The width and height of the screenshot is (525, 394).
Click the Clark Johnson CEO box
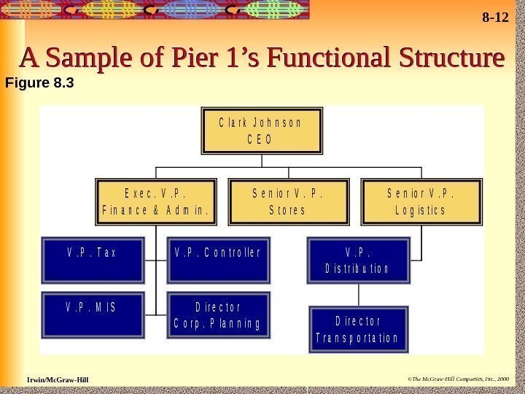click(x=261, y=131)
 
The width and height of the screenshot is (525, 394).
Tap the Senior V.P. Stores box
click(x=288, y=203)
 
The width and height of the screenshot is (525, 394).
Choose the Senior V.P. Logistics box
click(x=420, y=203)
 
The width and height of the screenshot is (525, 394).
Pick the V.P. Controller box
click(x=219, y=260)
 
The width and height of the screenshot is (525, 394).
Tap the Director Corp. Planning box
click(x=219, y=314)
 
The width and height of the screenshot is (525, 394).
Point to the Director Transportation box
click(x=357, y=331)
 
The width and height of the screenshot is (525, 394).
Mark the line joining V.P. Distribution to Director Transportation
click(x=357, y=295)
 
